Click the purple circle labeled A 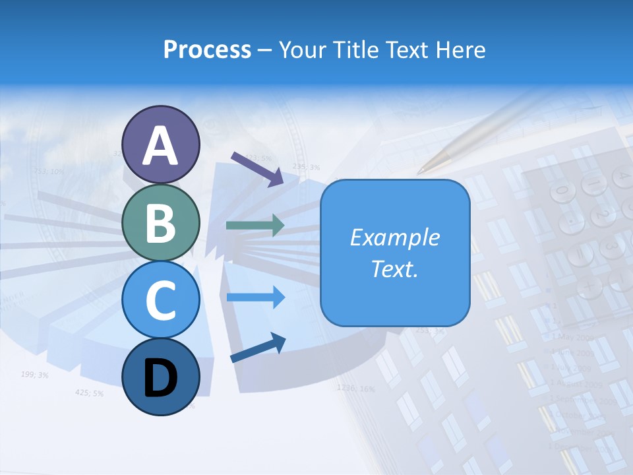[160, 145]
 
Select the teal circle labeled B [160, 222]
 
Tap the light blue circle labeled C [160, 300]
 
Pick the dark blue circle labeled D [160, 377]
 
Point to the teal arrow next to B [255, 226]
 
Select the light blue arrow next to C [255, 297]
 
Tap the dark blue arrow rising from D [258, 348]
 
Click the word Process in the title [207, 49]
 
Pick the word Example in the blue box [394, 237]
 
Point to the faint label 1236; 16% [356, 388]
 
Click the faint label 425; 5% [89, 393]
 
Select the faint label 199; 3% [34, 375]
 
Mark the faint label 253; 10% [49, 172]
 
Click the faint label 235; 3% [306, 167]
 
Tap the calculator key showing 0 [562, 192]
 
